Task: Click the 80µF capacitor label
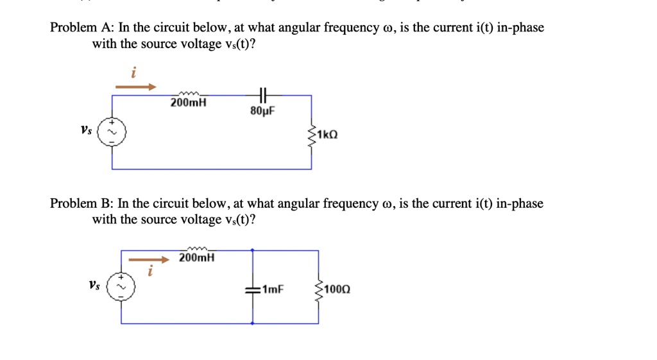[262, 110]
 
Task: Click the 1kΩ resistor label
[327, 135]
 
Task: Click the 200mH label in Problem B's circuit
[197, 257]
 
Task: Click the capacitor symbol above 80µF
[262, 95]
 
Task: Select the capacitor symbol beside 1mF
[252, 289]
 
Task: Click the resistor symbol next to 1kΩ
[312, 135]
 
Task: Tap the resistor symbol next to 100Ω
[318, 289]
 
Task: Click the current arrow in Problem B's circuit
[149, 260]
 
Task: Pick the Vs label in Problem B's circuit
[94, 284]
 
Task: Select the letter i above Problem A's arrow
[133, 74]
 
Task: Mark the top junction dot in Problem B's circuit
[252, 250]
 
